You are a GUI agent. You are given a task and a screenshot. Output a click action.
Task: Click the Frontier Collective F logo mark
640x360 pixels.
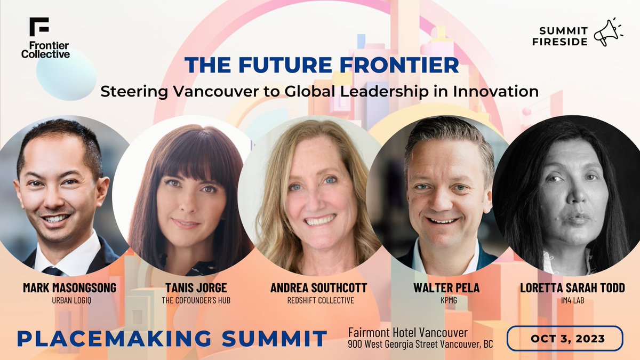(39, 27)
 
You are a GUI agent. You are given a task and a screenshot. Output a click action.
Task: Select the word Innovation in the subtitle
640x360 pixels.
(495, 91)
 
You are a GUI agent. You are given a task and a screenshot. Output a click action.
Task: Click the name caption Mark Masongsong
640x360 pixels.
(69, 288)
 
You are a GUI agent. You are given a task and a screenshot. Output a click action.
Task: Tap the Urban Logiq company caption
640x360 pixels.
(69, 300)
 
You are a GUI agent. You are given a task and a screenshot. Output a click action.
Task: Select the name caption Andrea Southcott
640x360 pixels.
(318, 288)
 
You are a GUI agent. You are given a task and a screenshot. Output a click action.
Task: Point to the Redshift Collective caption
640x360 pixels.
(318, 300)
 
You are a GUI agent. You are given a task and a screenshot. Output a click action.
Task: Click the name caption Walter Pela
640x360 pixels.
(446, 288)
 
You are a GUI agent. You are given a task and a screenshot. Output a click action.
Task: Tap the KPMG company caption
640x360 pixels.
(446, 300)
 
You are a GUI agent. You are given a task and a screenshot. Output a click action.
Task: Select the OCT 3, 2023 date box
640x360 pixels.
(564, 339)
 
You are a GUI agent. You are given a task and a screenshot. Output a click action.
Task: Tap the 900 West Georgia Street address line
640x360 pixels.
(420, 344)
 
